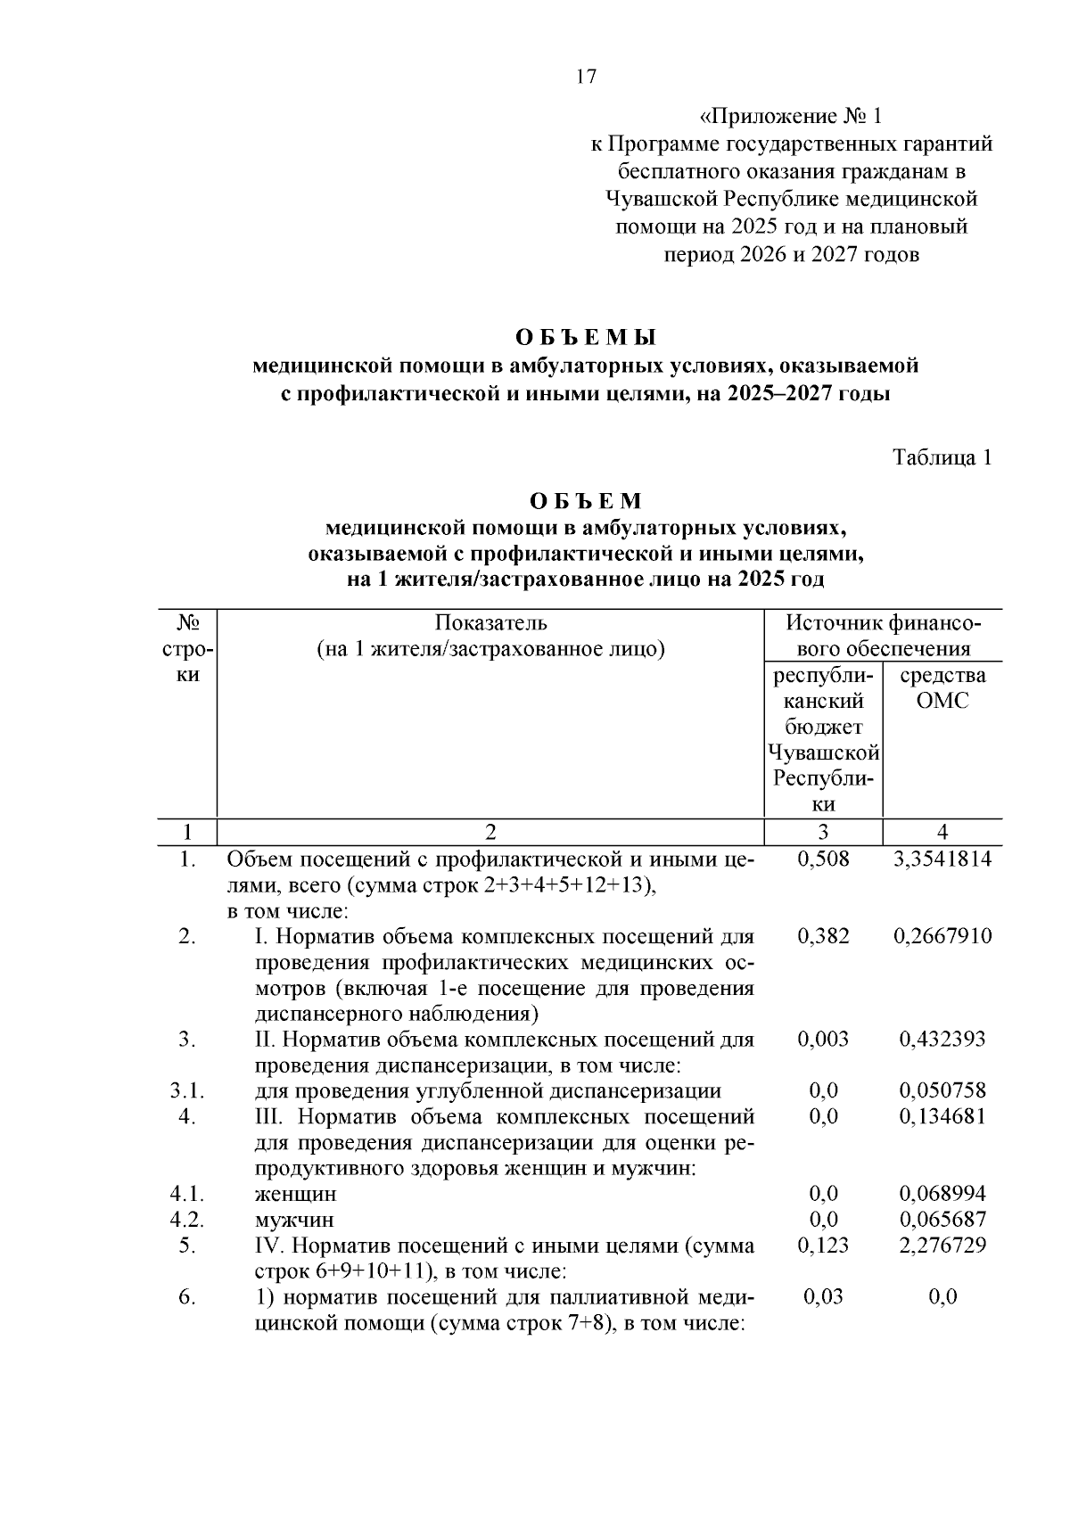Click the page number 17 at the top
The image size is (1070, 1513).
pyautogui.click(x=586, y=77)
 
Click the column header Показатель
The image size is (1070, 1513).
pyautogui.click(x=491, y=622)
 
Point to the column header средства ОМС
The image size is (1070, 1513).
pyautogui.click(x=942, y=687)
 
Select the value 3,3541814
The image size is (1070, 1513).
pyautogui.click(x=942, y=859)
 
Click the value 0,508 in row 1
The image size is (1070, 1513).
pyautogui.click(x=823, y=859)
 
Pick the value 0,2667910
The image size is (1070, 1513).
pyautogui.click(x=942, y=936)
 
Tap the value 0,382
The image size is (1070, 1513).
pyautogui.click(x=823, y=936)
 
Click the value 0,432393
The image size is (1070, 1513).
pyautogui.click(x=942, y=1039)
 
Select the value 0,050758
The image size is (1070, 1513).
pyautogui.click(x=942, y=1090)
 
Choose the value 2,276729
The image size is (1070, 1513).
pyautogui.click(x=942, y=1246)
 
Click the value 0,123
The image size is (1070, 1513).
pyautogui.click(x=823, y=1246)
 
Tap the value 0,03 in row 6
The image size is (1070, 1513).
pyautogui.click(x=823, y=1297)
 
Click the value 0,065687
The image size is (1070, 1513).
pyautogui.click(x=942, y=1220)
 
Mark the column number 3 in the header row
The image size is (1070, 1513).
pyautogui.click(x=823, y=832)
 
